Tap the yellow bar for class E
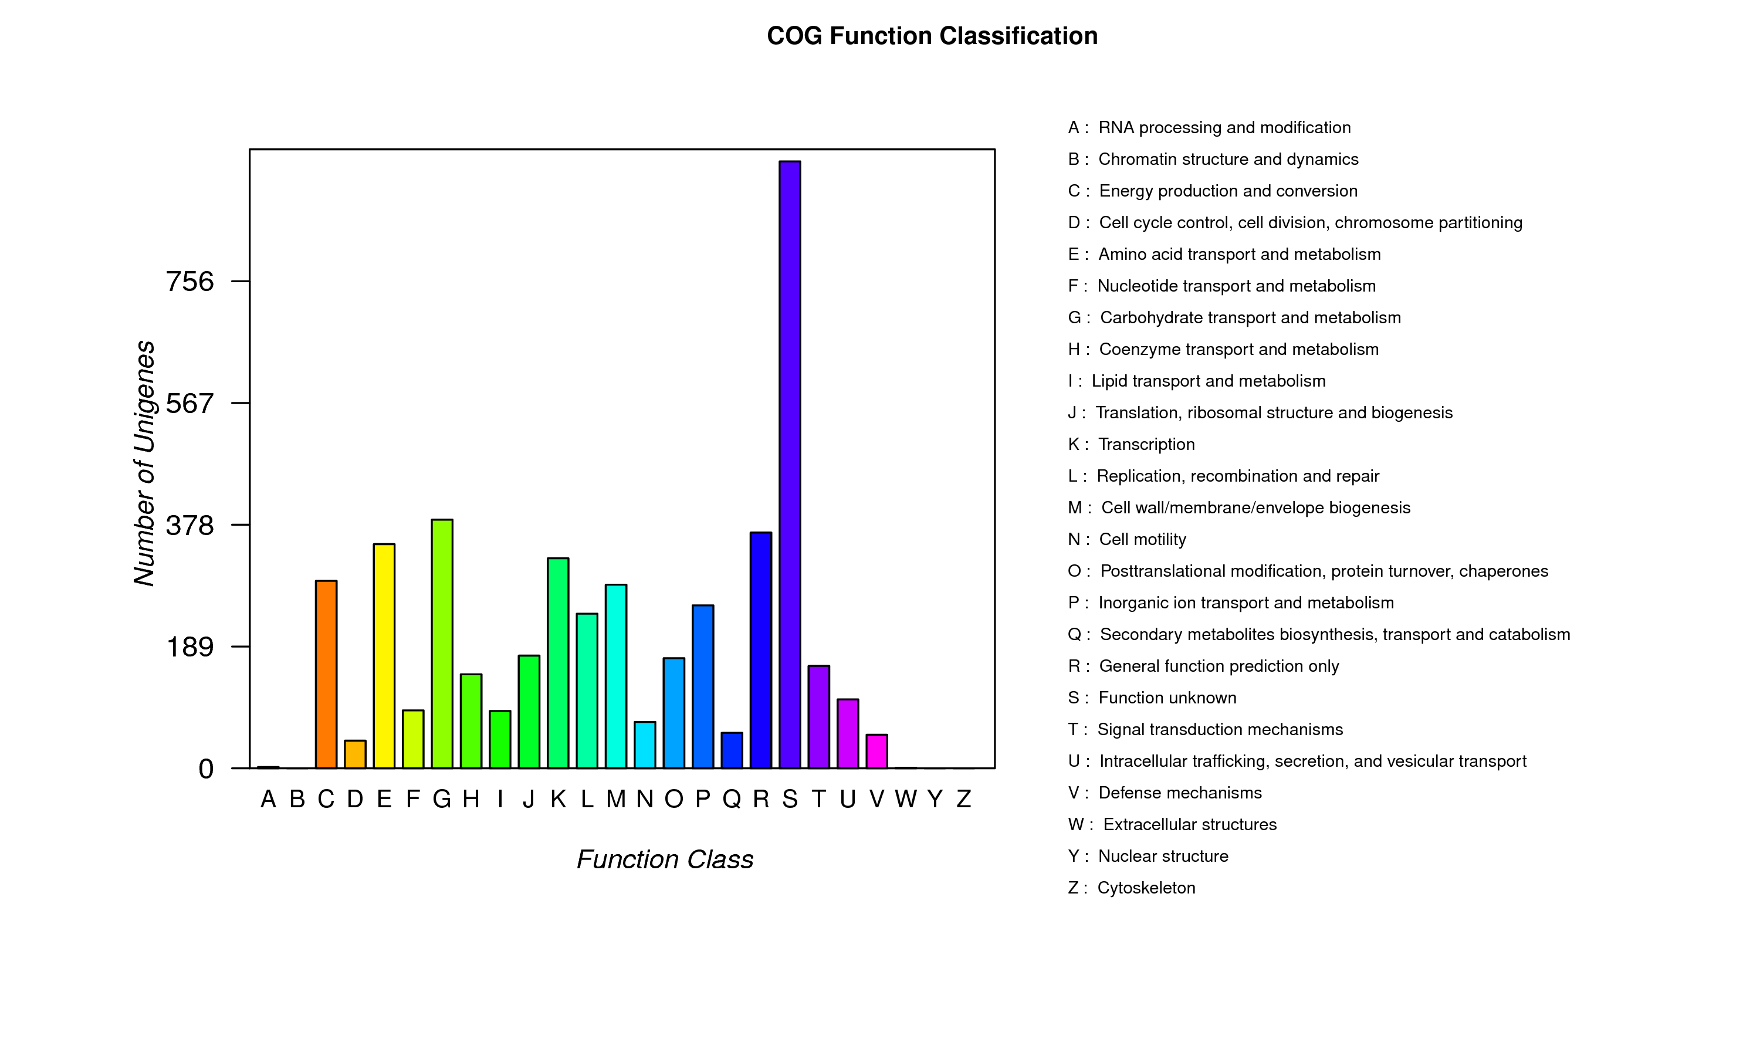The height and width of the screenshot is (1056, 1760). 384,655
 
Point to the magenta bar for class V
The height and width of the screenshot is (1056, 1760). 876,751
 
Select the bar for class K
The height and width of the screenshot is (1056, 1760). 558,662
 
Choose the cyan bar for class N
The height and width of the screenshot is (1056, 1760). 645,744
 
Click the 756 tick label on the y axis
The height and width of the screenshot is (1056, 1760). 189,282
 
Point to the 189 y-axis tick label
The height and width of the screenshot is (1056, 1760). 189,647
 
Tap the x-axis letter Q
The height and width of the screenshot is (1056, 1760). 732,799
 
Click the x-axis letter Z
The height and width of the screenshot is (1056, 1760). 963,799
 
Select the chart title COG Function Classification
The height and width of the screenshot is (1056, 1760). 932,36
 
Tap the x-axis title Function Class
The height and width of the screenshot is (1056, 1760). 665,859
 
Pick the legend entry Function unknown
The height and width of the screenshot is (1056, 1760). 1167,698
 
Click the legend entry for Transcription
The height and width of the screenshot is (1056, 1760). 1146,444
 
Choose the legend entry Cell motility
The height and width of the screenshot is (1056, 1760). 1142,539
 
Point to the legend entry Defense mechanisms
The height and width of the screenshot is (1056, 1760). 1180,793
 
